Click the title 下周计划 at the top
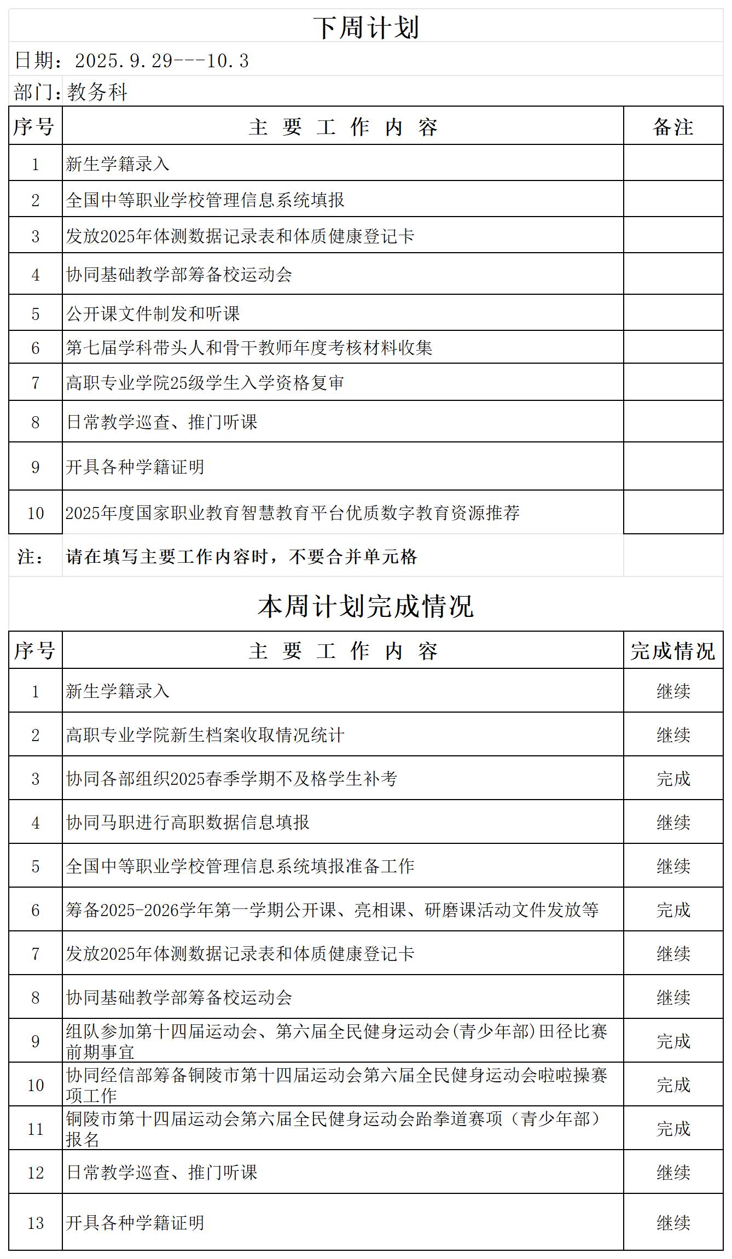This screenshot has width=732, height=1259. click(366, 27)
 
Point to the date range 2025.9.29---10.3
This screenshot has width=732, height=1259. click(161, 61)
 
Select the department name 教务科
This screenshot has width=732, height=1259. click(97, 92)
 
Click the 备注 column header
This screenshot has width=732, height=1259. click(673, 127)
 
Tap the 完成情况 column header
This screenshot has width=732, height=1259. click(673, 651)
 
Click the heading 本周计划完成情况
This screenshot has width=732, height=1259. click(366, 606)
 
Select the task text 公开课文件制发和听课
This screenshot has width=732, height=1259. click(153, 313)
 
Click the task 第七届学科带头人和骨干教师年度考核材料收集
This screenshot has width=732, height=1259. click(249, 348)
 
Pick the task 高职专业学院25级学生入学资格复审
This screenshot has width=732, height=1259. click(205, 382)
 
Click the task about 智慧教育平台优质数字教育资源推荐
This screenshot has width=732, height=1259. click(293, 512)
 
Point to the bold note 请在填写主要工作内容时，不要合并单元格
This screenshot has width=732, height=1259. click(242, 557)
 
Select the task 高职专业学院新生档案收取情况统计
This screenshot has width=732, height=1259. click(205, 735)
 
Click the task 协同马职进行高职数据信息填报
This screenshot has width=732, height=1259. click(188, 822)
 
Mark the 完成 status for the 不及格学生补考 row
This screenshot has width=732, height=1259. click(673, 778)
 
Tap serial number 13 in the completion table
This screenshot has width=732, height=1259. click(36, 1223)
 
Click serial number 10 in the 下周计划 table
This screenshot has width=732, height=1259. click(36, 513)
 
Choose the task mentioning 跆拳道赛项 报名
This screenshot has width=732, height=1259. click(334, 1128)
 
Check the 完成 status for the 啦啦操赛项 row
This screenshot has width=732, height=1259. click(673, 1085)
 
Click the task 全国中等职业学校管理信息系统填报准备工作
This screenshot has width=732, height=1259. click(240, 866)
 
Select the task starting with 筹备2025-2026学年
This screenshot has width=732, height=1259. click(332, 910)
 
